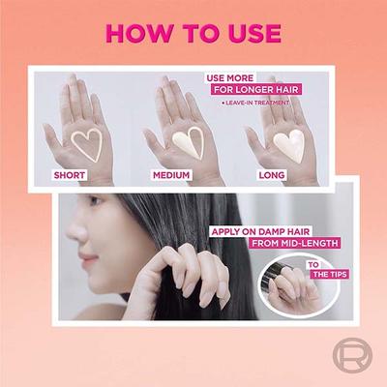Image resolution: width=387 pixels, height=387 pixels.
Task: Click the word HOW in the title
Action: tap(138, 33)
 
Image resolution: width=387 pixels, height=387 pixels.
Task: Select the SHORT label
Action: tap(70, 175)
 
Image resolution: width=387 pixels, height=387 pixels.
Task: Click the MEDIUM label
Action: tap(171, 175)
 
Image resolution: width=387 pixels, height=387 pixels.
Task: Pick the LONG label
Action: tap(272, 175)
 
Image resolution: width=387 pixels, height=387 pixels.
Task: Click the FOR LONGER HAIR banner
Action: tap(256, 89)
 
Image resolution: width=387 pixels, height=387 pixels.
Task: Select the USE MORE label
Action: tap(230, 78)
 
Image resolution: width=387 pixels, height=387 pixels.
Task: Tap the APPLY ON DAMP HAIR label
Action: tap(260, 231)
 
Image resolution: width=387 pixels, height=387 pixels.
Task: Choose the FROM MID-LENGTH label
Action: tap(295, 243)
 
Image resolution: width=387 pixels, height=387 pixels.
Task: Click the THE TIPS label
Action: tap(330, 275)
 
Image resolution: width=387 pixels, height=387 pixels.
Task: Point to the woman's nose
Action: tap(74, 230)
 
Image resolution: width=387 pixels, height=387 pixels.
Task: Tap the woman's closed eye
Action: tap(95, 203)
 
